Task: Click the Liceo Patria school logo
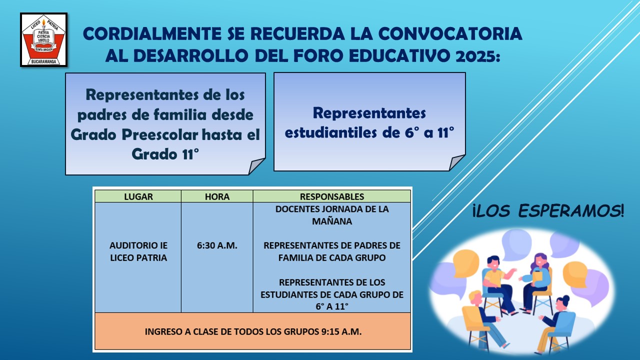(43, 39)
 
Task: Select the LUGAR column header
(138, 196)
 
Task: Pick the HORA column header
(217, 196)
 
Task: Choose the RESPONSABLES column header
(332, 196)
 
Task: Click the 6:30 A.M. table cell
(217, 245)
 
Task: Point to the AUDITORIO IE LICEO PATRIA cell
(138, 251)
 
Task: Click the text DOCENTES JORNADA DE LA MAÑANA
(332, 215)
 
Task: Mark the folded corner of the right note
(456, 162)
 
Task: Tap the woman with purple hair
(536, 281)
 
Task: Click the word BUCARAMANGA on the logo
(43, 61)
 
